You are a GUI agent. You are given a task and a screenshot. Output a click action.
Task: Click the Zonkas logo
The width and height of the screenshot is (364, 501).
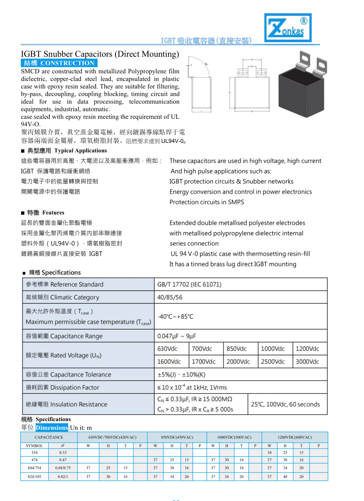(287, 27)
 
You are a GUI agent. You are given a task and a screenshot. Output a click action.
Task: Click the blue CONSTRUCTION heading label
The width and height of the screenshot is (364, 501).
(59, 63)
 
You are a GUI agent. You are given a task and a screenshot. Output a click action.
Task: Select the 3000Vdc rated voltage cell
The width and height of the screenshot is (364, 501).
(310, 361)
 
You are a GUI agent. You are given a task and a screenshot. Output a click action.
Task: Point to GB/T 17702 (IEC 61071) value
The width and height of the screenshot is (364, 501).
(189, 284)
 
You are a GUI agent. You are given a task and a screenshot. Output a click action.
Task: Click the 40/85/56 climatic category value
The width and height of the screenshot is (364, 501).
(170, 297)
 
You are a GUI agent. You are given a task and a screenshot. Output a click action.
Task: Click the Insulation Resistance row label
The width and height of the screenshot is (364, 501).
(66, 404)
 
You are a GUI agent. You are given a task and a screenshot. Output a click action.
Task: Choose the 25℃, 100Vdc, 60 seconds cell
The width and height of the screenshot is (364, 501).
(285, 404)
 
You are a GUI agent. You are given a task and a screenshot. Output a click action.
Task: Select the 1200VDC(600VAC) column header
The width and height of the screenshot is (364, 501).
(294, 438)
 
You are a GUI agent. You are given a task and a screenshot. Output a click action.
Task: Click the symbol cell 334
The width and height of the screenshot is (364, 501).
(34, 452)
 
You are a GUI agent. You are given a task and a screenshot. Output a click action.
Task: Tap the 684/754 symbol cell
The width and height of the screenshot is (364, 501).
(34, 468)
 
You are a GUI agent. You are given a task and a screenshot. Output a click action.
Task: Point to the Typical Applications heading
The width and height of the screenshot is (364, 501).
(80, 151)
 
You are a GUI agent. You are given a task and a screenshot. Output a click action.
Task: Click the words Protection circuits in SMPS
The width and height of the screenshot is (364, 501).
(207, 202)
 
